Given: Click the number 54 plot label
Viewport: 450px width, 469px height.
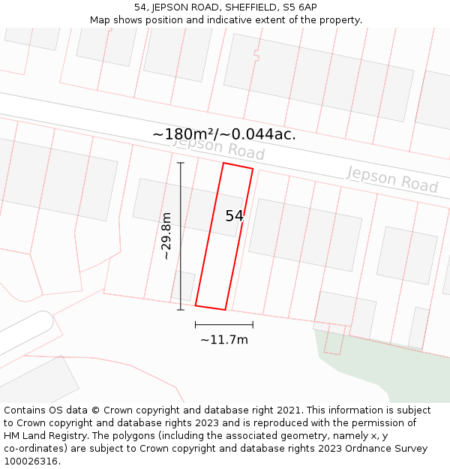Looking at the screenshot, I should click(x=234, y=216).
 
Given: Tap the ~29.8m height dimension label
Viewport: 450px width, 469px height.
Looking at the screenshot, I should click(x=166, y=236).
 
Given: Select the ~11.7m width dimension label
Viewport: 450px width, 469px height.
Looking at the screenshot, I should click(x=223, y=339).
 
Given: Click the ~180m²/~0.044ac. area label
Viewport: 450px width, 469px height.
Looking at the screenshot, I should click(x=223, y=134).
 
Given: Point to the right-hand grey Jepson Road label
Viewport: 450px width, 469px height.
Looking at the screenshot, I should click(x=392, y=179).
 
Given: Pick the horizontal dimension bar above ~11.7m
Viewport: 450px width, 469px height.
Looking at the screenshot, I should click(x=223, y=324).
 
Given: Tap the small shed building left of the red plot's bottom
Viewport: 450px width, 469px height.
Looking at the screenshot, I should click(x=182, y=286).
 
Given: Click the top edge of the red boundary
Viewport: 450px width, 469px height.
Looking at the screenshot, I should click(x=238, y=166).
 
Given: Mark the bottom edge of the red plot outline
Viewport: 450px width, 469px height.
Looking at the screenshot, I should click(x=210, y=308).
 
